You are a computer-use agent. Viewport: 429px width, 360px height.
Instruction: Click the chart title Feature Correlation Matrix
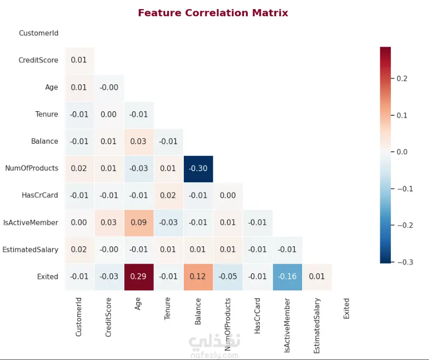[213, 13]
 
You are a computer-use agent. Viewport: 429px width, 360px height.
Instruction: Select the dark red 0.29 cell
[139, 277]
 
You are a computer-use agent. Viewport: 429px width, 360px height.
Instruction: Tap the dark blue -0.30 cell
[198, 168]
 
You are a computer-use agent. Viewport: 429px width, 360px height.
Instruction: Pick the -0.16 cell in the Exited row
[287, 277]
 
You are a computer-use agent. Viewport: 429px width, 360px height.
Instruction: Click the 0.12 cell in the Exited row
[198, 277]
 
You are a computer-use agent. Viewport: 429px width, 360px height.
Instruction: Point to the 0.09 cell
[139, 222]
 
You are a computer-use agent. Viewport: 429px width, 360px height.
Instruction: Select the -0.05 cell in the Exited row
[228, 277]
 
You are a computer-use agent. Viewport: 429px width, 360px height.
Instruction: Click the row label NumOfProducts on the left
[31, 168]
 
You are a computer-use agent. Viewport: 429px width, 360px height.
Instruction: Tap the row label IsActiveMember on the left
[31, 222]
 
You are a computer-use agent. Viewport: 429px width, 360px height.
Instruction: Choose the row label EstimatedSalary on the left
[30, 250]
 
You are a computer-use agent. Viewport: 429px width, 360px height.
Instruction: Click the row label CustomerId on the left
[39, 33]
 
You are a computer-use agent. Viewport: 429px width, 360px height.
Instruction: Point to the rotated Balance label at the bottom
[198, 311]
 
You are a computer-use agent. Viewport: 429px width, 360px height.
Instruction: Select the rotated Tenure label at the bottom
[168, 309]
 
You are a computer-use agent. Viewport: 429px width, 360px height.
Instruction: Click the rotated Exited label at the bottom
[347, 308]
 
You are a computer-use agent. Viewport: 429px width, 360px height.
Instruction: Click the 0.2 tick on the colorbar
[402, 79]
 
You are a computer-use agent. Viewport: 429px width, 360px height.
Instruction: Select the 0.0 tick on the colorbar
[402, 152]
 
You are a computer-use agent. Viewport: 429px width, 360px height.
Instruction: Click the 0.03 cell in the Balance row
[139, 141]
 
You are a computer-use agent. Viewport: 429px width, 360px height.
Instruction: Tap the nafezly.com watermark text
[215, 355]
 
